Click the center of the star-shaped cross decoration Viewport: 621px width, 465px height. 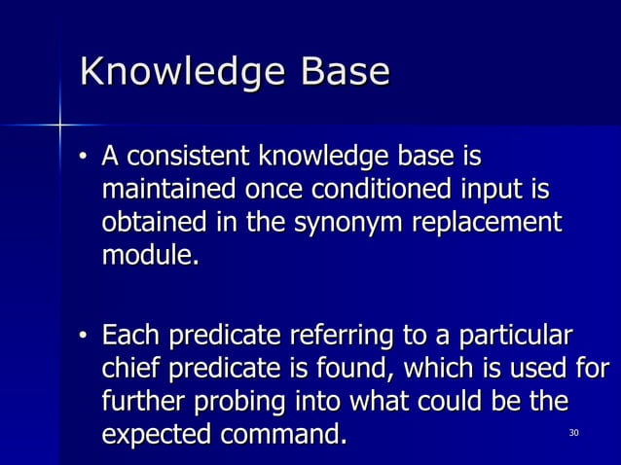point(59,125)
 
